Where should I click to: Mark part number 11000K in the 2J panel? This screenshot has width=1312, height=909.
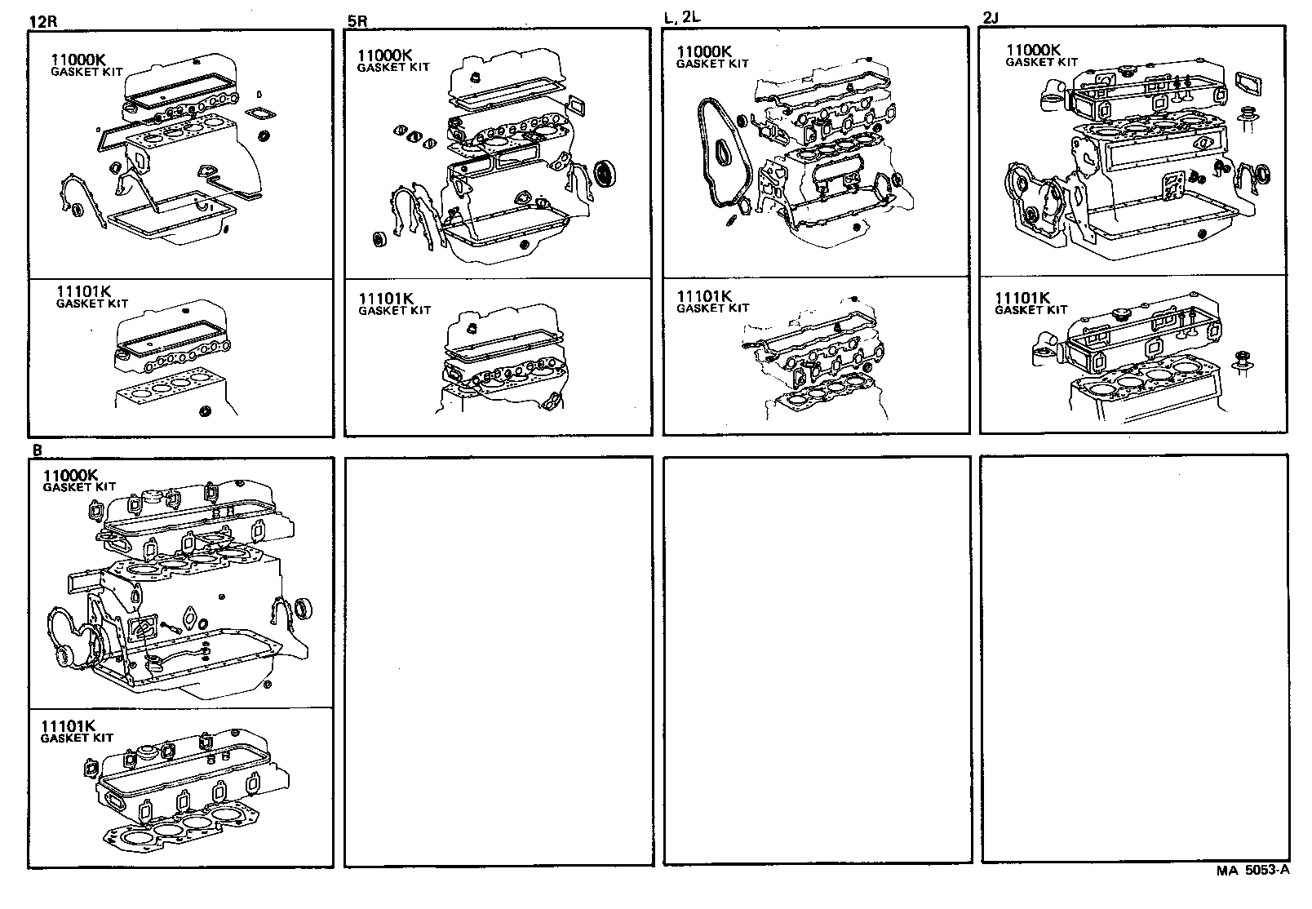[1034, 50]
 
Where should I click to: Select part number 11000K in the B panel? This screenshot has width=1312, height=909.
[71, 475]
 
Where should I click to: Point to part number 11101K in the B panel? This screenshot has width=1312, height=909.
[69, 726]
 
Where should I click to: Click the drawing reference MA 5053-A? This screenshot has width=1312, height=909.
[1252, 870]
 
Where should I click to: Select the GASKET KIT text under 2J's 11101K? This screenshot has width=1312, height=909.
[1031, 310]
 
